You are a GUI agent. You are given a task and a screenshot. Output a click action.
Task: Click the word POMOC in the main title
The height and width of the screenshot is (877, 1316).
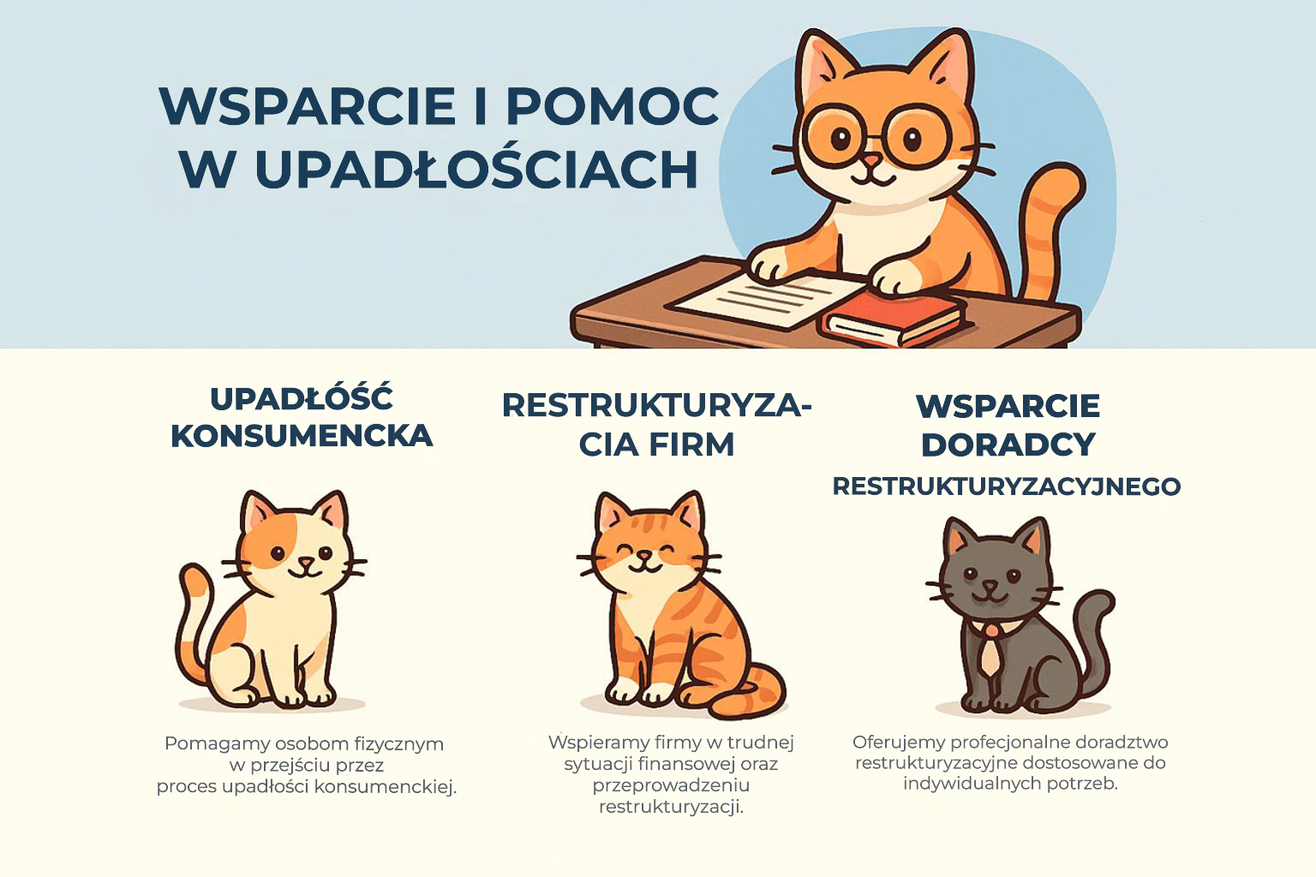click(x=612, y=106)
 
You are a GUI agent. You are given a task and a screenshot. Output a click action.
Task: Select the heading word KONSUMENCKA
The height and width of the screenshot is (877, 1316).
click(x=302, y=436)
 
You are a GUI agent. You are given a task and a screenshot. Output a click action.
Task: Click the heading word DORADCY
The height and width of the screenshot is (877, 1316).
click(x=1008, y=444)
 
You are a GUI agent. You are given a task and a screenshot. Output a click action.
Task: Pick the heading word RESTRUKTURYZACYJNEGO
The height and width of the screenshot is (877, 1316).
click(x=1007, y=486)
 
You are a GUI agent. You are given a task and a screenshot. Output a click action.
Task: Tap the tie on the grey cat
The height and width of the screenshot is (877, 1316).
click(x=990, y=650)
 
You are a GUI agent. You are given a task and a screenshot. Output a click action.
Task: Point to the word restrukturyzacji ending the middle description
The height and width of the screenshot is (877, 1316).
click(x=671, y=806)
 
